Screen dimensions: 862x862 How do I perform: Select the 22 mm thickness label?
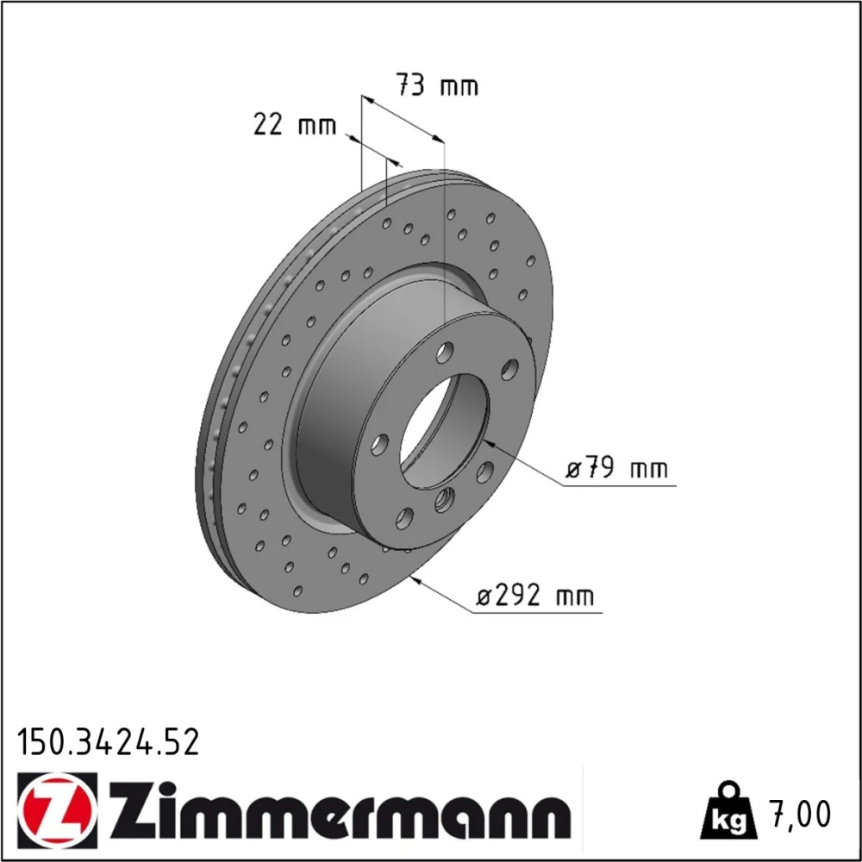click(295, 124)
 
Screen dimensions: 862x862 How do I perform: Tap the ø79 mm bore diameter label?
click(617, 469)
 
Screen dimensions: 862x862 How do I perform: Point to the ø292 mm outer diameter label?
click(535, 596)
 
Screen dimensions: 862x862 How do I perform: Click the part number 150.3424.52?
click(109, 742)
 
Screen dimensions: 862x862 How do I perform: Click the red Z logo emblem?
click(57, 809)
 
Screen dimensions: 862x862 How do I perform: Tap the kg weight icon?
click(729, 810)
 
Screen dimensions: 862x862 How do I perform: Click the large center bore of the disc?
click(444, 432)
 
